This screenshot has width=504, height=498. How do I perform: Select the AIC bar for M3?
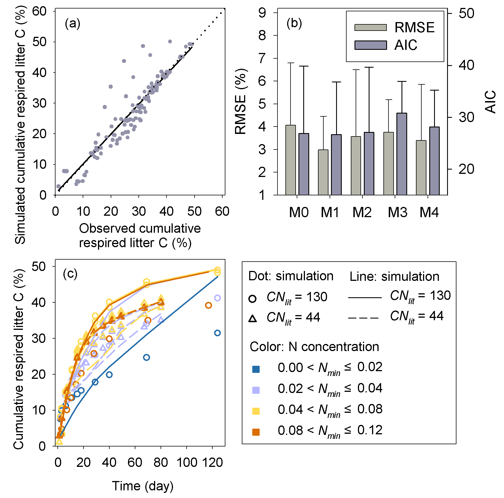pyautogui.click(x=402, y=154)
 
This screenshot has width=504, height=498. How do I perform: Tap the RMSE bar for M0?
pyautogui.click(x=291, y=160)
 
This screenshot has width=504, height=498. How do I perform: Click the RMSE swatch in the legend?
pyautogui.click(x=370, y=27)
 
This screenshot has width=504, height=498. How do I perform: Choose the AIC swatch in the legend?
pyautogui.click(x=370, y=45)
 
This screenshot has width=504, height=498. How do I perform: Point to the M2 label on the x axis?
pyautogui.click(x=362, y=212)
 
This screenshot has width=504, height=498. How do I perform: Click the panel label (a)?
pyautogui.click(x=72, y=23)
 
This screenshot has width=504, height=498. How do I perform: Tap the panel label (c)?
pyautogui.click(x=70, y=274)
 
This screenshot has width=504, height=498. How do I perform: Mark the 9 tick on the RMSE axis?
pyautogui.click(x=262, y=13)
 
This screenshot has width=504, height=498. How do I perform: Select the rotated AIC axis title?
pyautogui.click(x=490, y=102)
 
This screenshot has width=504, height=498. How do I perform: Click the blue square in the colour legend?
pyautogui.click(x=256, y=369)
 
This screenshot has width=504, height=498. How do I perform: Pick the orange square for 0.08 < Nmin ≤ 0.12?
pyautogui.click(x=256, y=432)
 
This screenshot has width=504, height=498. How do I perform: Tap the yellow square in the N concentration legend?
pyautogui.click(x=256, y=411)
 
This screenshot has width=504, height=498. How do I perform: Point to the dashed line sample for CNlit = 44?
pyautogui.click(x=363, y=318)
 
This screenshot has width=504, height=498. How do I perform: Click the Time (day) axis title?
pyautogui.click(x=143, y=486)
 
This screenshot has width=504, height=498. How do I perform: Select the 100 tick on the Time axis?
pyautogui.click(x=186, y=463)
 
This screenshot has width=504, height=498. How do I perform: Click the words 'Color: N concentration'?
pyautogui.click(x=314, y=347)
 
